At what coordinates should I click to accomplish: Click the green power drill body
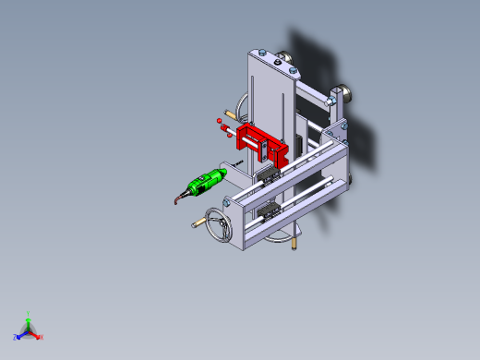coord(205,182)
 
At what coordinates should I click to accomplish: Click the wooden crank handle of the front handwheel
coord(198,223)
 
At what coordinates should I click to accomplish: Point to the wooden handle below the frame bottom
coord(294,244)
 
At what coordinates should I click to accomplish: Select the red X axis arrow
coord(37,334)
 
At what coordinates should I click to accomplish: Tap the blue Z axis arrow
coord(20,334)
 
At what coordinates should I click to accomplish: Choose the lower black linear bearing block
coord(269,211)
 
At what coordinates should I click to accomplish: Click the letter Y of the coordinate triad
coord(29,312)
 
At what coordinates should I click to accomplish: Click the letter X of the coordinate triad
coord(42,337)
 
